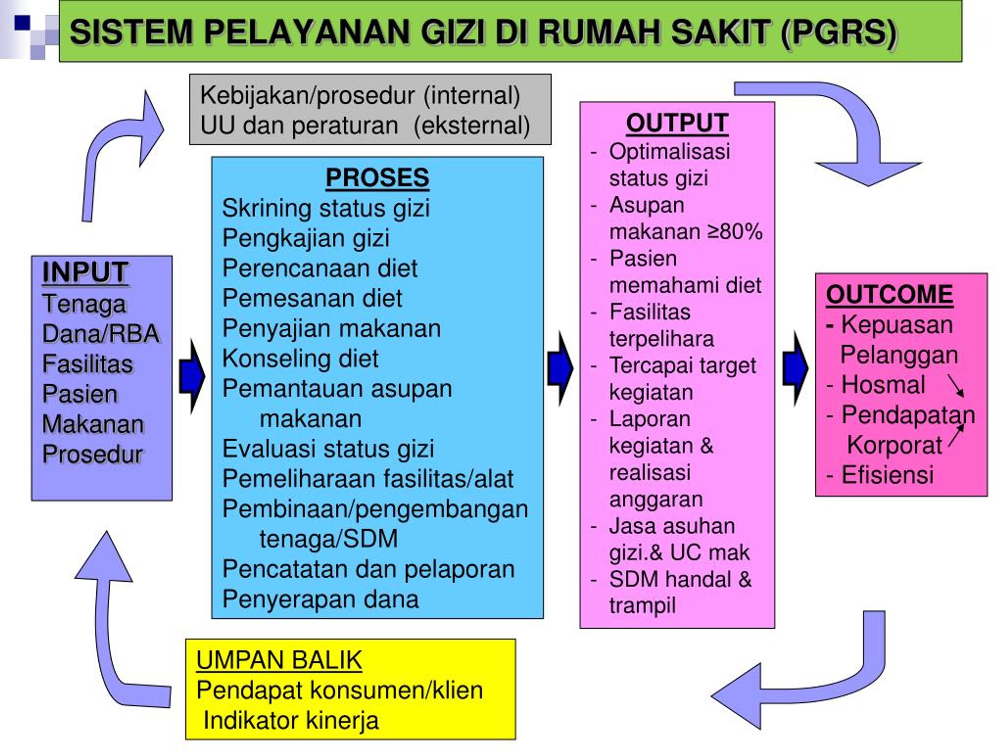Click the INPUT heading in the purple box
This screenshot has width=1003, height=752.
coord(85,273)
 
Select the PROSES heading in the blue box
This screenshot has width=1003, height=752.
coord(377,178)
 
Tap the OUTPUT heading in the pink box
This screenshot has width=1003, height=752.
coord(677,123)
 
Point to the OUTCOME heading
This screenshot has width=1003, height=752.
coord(889,295)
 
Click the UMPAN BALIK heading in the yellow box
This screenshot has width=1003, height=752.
coord(279,660)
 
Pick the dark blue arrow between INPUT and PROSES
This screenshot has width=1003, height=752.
coord(192,376)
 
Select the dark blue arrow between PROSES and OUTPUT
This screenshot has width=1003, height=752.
coord(560,369)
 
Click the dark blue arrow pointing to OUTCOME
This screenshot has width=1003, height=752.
coord(795,369)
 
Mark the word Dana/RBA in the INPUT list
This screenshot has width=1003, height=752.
coord(101,334)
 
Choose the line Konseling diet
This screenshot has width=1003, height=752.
coord(300,358)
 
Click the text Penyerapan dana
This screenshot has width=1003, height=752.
coord(320,599)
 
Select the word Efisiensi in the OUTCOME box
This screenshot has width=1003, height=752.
coord(887,475)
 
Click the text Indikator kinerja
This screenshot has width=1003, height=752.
coord(291,720)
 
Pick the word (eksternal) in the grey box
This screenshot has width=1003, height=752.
coord(472,126)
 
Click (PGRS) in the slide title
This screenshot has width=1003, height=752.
coord(839,33)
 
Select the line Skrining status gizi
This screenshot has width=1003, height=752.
coord(326,208)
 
